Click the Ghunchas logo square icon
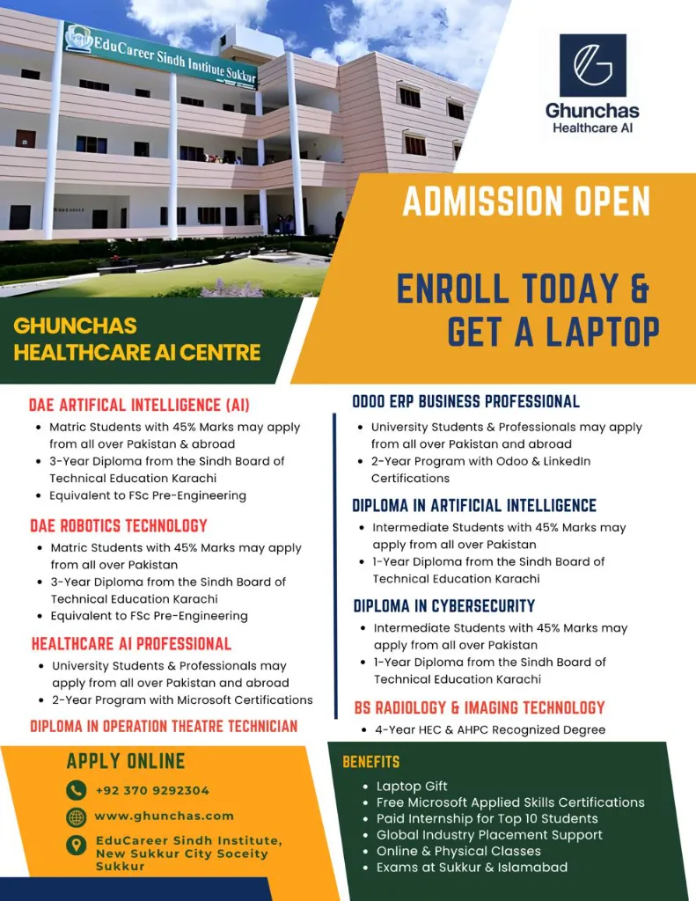point(593,65)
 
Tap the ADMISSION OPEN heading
point(526,201)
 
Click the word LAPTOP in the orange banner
point(599,332)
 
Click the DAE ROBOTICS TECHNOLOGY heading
point(119,525)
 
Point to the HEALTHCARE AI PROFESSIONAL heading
point(131,643)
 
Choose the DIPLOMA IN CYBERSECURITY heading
point(443,605)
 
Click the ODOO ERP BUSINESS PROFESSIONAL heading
point(465,401)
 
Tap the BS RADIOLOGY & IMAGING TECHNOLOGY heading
point(480,707)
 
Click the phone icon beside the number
point(77,790)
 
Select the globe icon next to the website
point(77,817)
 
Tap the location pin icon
point(77,845)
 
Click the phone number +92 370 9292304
point(152,790)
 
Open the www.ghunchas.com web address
point(164,816)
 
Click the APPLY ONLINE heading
point(126,761)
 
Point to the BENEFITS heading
point(370,762)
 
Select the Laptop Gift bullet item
point(412,786)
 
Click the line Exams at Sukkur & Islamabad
point(472,867)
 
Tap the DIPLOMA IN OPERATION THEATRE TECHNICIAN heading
point(164,726)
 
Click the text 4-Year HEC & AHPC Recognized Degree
point(490,729)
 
